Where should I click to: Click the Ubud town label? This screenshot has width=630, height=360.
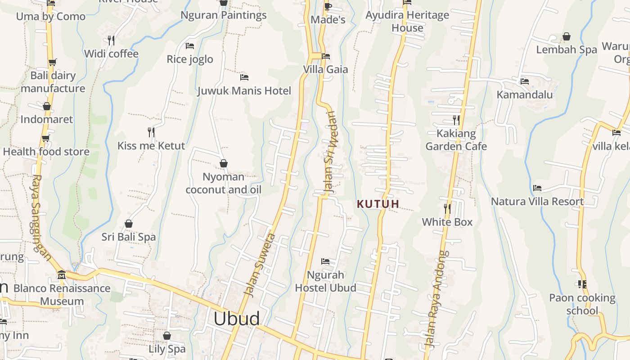[236, 319]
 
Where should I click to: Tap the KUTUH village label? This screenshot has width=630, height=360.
[378, 204]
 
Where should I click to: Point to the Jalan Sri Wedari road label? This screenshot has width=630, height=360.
[331, 152]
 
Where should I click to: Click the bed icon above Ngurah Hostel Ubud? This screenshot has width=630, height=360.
[325, 261]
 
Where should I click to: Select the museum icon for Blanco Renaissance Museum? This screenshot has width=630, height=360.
[62, 274]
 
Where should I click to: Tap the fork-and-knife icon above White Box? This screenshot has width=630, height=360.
[447, 208]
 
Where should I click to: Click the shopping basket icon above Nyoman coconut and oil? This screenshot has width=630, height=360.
[223, 163]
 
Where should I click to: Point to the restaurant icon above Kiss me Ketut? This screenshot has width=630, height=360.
[151, 132]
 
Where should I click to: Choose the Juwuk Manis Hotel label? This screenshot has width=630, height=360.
[244, 91]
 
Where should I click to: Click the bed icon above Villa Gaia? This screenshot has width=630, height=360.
[326, 56]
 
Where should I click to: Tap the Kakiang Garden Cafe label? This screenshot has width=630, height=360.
[456, 140]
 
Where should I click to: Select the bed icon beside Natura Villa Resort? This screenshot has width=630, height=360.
[537, 188]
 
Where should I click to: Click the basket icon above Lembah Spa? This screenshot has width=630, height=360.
[567, 36]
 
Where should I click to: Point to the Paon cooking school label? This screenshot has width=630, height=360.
[582, 304]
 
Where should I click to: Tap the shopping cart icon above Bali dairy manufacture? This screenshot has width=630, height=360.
[53, 62]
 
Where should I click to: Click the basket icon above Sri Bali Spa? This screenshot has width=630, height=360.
[129, 224]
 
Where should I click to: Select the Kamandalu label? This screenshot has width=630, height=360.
[525, 94]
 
